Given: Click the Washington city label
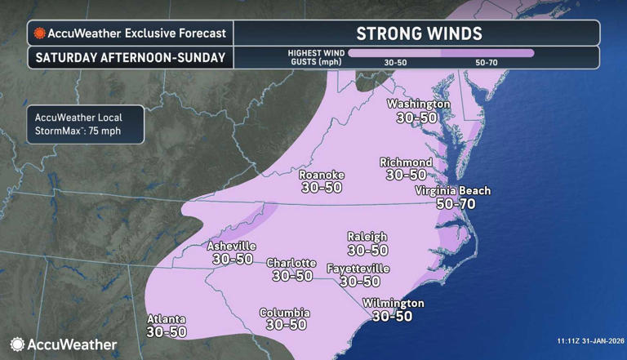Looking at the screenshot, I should (x=418, y=104).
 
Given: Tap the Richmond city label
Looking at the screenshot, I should (x=406, y=162).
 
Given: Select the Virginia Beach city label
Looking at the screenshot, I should (x=452, y=191).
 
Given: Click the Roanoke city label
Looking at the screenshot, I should (x=322, y=176).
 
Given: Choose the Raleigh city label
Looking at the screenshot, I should (x=367, y=237).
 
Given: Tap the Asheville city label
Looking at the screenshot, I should (x=232, y=246).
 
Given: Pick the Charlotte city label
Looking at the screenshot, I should (x=291, y=263).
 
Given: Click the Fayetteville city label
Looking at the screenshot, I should (x=358, y=269).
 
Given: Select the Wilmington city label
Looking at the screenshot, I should (x=393, y=303).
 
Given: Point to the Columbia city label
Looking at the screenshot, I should (x=284, y=313).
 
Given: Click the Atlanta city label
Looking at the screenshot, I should (x=167, y=319).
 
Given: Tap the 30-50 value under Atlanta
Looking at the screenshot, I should (x=167, y=332).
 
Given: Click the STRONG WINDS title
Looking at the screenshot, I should (x=419, y=33).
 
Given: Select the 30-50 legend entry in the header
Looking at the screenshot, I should (x=396, y=62).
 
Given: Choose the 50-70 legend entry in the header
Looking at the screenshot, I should (x=488, y=62).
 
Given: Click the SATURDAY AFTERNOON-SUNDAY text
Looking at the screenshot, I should (x=128, y=58).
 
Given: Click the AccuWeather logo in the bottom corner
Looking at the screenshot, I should (x=64, y=344).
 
